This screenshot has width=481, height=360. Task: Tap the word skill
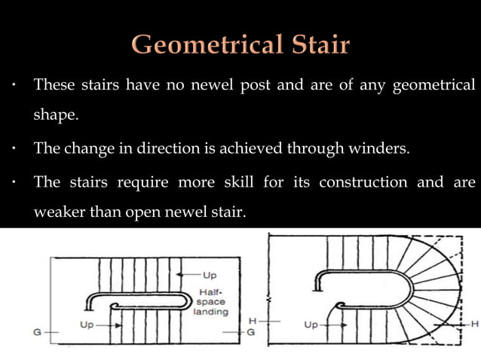[x=228, y=183]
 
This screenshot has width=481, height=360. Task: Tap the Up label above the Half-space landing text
[x=209, y=275]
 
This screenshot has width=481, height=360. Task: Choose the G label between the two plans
[x=251, y=331]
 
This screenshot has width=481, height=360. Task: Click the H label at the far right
[x=475, y=323]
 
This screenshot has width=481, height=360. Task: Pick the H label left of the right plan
[x=253, y=320]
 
